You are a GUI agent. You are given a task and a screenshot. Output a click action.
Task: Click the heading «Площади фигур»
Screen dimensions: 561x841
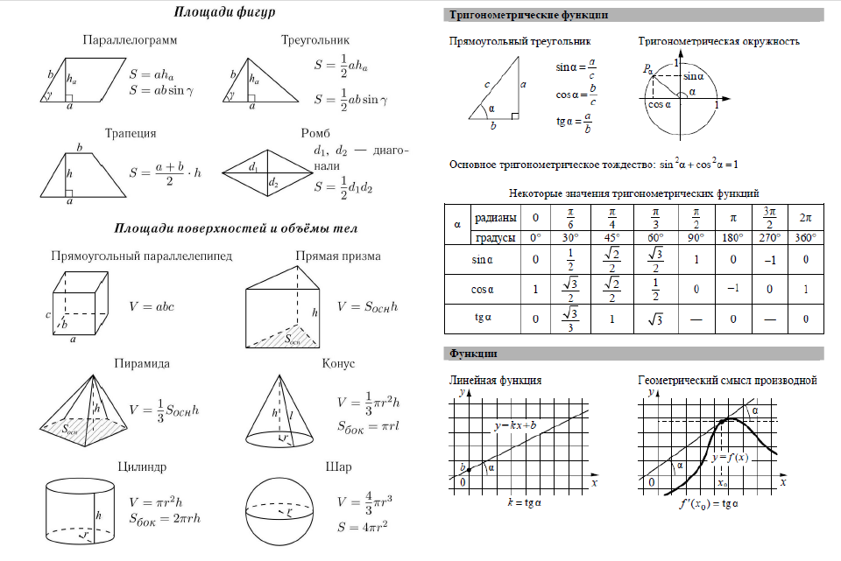coord(224,14)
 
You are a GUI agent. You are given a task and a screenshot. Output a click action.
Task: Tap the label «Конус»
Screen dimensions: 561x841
coord(338,364)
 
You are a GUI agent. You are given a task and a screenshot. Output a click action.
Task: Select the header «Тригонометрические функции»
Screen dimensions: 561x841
coord(528,15)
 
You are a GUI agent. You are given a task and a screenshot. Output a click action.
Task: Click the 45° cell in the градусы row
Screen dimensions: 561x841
coord(611,238)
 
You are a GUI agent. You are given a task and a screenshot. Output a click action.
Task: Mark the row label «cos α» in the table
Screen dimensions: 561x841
coord(483,290)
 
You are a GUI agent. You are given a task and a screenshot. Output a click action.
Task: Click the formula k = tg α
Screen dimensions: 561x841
coord(526,503)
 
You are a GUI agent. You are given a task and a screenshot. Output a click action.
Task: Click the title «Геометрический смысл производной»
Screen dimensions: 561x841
coord(728,381)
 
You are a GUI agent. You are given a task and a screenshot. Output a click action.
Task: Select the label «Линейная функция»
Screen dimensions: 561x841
coord(495,381)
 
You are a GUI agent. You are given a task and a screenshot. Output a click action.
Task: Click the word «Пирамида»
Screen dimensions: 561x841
coord(142,364)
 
